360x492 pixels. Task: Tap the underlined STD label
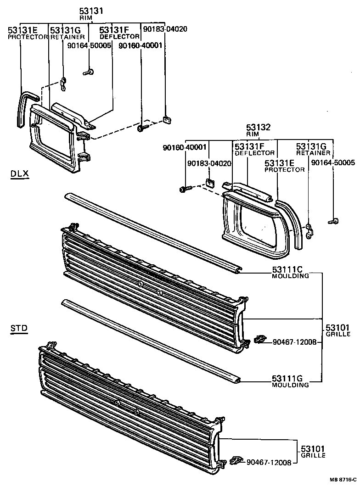click(19, 328)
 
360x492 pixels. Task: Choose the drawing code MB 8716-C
click(343, 479)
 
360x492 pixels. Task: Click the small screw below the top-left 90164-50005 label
click(89, 72)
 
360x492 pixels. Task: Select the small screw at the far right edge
click(334, 222)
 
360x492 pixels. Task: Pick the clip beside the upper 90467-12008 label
click(259, 340)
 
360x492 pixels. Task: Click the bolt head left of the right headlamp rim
click(185, 189)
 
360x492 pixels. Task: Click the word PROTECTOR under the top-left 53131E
click(28, 37)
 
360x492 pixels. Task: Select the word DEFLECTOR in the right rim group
click(255, 153)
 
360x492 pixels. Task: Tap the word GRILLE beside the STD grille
click(313, 455)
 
